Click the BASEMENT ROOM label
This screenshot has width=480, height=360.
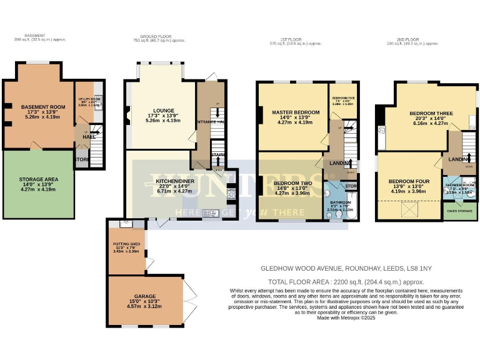point(38,107)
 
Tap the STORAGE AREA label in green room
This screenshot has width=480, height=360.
point(38,179)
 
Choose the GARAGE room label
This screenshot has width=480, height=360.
point(144,297)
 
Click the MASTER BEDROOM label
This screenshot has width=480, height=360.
point(296,112)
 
